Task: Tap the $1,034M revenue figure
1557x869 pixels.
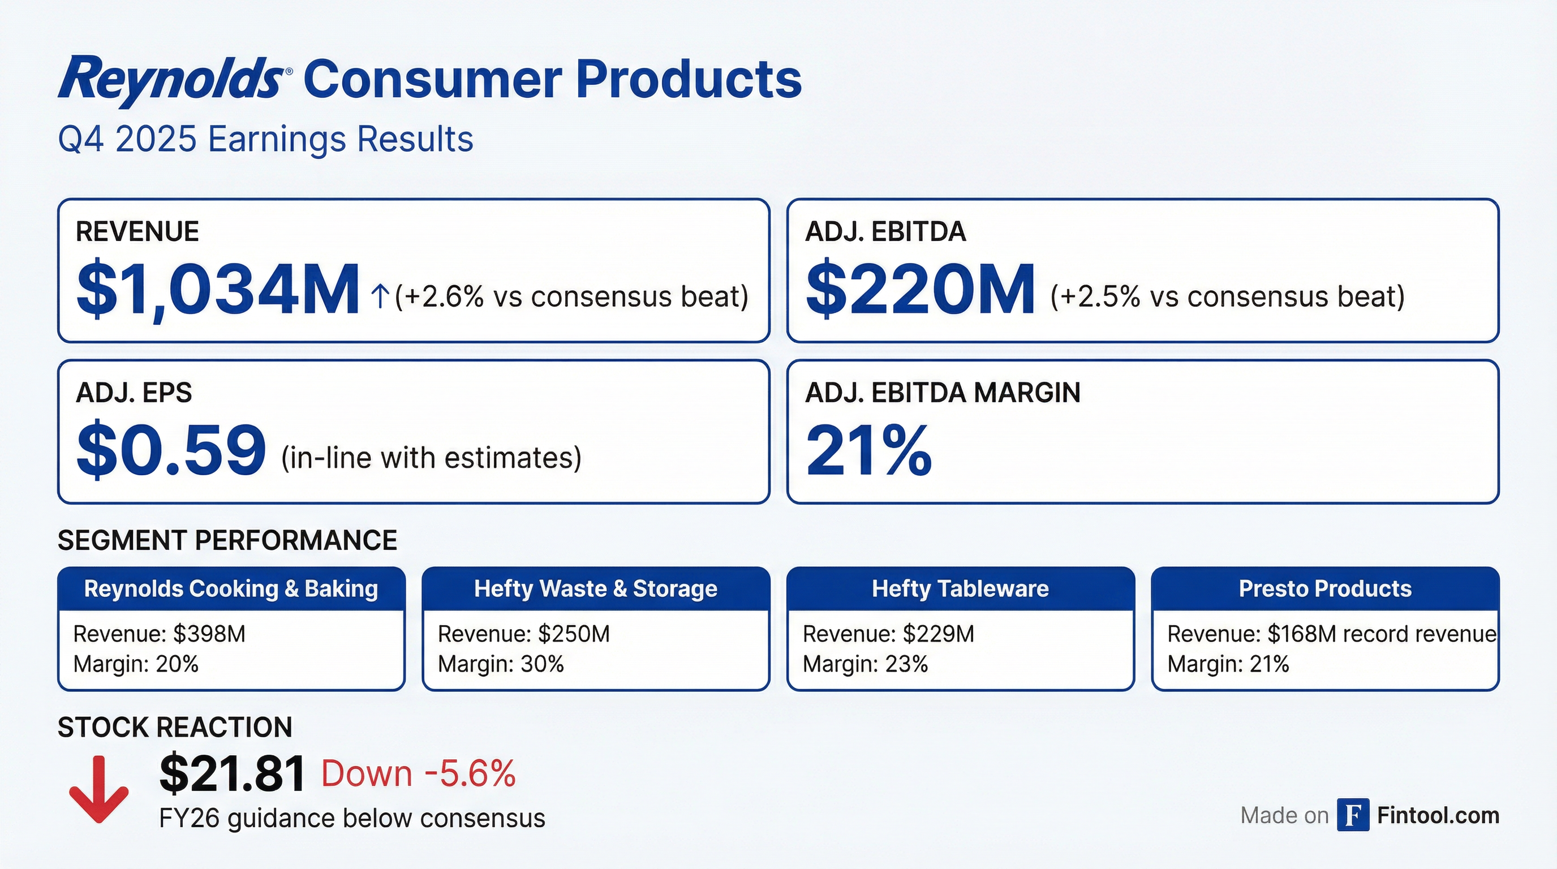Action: pos(218,290)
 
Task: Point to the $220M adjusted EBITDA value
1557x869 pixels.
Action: pos(920,290)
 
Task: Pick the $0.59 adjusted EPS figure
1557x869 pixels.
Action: pos(171,450)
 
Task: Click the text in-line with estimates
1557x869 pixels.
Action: pos(431,458)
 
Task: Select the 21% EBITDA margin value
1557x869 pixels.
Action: pos(868,450)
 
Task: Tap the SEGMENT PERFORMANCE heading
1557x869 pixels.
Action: pos(227,540)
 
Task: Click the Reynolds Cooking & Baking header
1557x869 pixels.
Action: pos(231,588)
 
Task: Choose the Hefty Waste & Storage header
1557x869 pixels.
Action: pos(595,588)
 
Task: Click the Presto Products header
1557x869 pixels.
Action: pos(1325,588)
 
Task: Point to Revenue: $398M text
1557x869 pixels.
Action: pos(159,634)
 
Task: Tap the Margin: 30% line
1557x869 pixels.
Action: pos(501,664)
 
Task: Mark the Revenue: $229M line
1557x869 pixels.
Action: pos(888,634)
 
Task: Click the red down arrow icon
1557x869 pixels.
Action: pos(98,789)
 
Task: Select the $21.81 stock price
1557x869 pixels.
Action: pos(231,774)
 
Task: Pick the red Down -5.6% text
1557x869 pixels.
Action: pos(418,773)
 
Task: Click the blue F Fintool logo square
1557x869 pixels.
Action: pos(1353,815)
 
